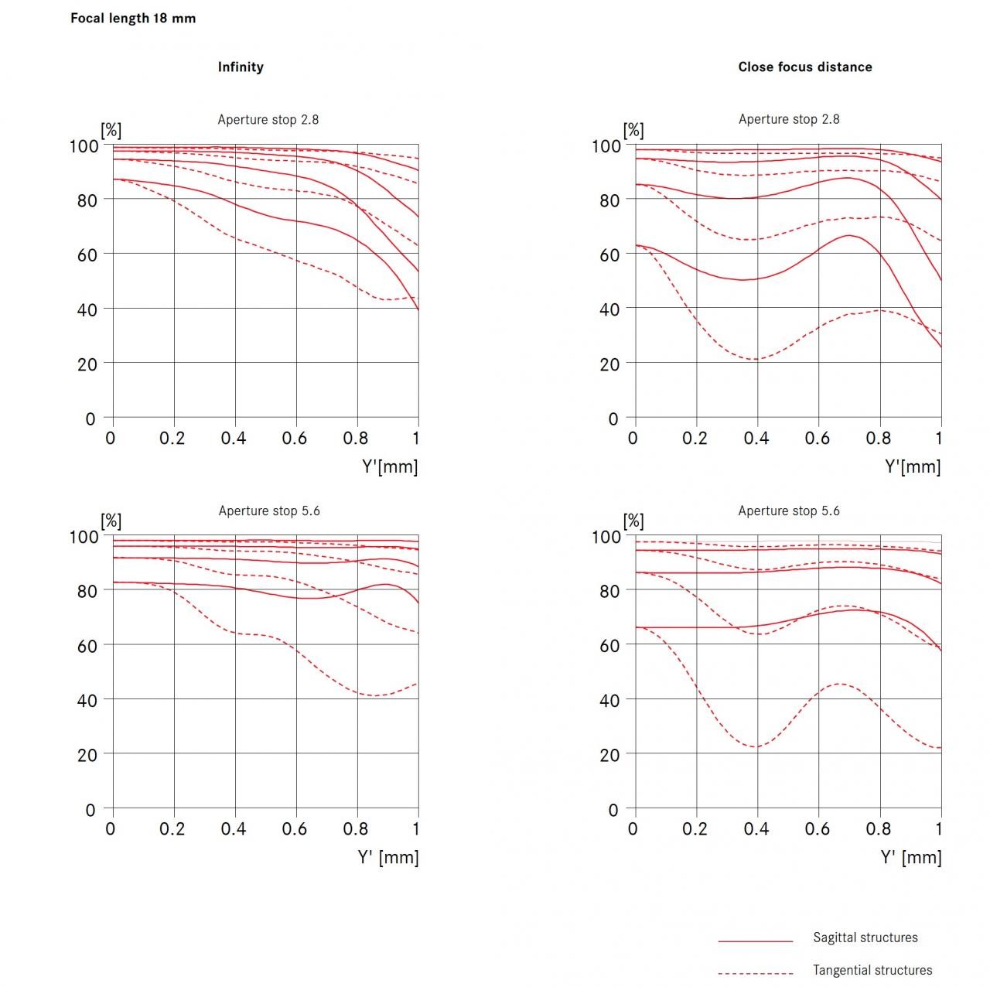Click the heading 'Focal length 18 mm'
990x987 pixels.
click(133, 19)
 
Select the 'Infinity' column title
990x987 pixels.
click(241, 67)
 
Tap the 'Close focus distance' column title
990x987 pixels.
click(804, 67)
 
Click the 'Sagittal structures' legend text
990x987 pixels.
click(865, 937)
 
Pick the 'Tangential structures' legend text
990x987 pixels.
click(872, 970)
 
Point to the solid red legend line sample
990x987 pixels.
click(756, 941)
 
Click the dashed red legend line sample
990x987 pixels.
click(756, 973)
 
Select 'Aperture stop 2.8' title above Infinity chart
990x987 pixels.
click(268, 120)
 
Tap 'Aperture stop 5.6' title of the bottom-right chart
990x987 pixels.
click(789, 511)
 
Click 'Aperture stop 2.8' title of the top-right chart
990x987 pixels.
click(789, 119)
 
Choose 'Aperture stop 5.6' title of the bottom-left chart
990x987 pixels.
click(269, 511)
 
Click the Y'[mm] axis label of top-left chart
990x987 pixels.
click(390, 466)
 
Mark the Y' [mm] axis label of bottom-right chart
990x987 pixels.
click(911, 857)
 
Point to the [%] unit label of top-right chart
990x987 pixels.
click(633, 130)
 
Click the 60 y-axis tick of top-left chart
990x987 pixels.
click(87, 255)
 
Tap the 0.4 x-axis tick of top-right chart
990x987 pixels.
click(756, 439)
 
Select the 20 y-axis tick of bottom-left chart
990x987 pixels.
click(87, 755)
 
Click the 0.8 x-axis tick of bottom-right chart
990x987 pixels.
click(879, 829)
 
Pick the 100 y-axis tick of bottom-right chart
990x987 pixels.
click(606, 537)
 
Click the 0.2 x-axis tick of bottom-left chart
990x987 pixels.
click(172, 829)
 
